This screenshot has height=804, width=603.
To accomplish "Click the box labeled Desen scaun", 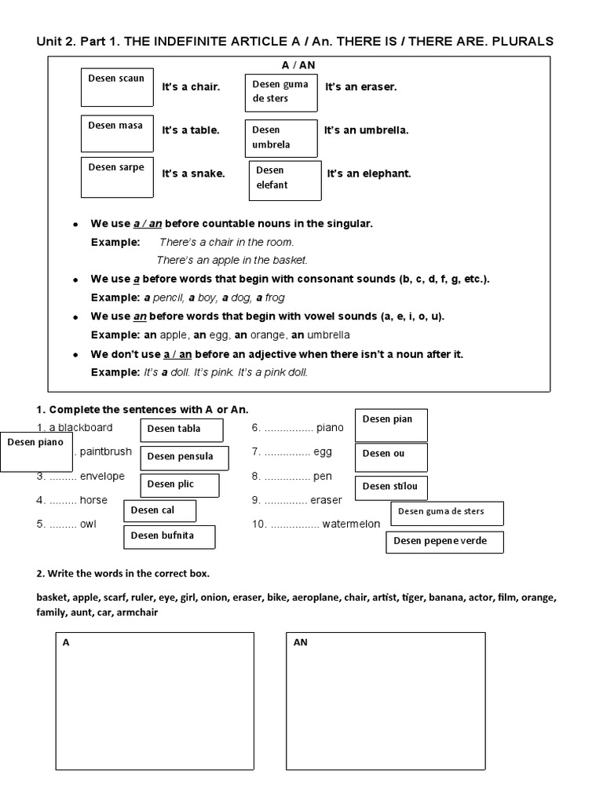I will [x=117, y=87].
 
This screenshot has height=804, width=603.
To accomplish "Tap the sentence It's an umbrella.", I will [x=366, y=130].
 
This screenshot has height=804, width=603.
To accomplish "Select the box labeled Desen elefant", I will [x=285, y=181].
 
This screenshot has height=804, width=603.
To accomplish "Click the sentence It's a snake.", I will [x=193, y=174].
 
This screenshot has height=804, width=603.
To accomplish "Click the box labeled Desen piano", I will [x=36, y=451].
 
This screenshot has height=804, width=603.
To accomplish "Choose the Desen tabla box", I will [x=181, y=429].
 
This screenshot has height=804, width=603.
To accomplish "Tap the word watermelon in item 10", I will [x=351, y=524].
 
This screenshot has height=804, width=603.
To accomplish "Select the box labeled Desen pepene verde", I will [x=444, y=542].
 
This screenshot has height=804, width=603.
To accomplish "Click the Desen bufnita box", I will [x=169, y=536].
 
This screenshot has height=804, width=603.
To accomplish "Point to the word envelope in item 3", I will [x=102, y=476].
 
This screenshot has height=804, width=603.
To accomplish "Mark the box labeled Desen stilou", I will [x=391, y=488].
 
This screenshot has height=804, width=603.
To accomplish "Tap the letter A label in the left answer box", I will [x=66, y=642].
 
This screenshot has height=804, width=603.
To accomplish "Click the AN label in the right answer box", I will [x=300, y=642].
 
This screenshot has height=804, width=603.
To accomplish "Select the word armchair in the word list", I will [x=137, y=612].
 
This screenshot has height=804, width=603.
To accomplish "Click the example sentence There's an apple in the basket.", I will [x=232, y=260].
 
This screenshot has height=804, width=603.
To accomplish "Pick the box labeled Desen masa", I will [x=117, y=133].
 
